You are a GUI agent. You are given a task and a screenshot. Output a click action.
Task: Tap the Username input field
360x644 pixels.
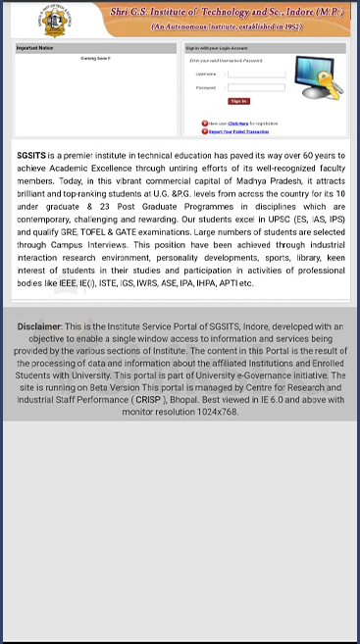tap(255, 74)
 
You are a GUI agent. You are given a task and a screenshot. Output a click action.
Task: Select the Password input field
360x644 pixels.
tap(255, 87)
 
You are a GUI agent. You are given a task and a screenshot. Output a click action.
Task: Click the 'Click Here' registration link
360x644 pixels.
tap(237, 124)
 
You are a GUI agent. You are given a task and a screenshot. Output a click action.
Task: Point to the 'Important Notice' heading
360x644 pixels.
tap(35, 47)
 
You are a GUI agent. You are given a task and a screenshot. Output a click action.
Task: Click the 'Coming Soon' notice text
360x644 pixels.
tap(95, 59)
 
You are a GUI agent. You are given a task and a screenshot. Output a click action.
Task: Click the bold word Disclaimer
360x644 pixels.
tap(39, 325)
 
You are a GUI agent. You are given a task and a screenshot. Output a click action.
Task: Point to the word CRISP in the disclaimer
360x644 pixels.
tap(150, 400)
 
